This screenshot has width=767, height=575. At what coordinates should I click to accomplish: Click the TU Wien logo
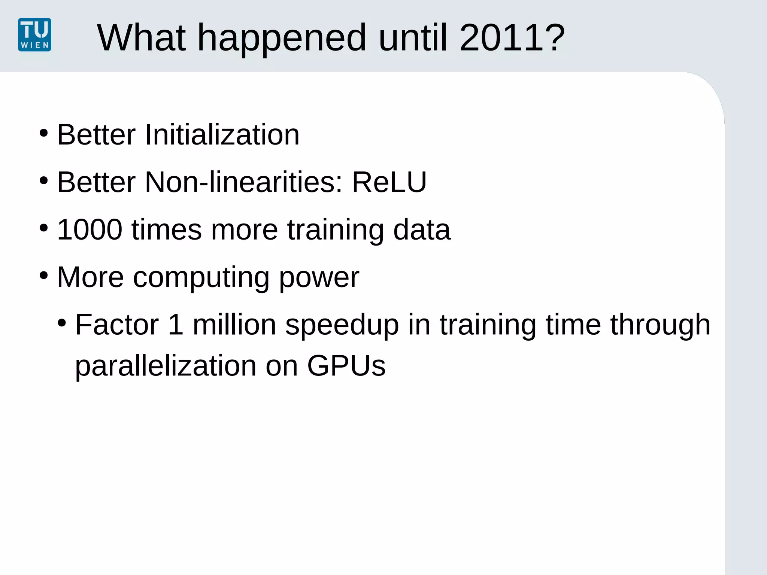(34, 35)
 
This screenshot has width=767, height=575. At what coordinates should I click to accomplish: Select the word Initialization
(222, 135)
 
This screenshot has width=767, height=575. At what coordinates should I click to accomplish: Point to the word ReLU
(389, 182)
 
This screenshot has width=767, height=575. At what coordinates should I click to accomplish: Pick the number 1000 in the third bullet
(90, 229)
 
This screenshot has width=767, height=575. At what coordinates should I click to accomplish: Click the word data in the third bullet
(422, 229)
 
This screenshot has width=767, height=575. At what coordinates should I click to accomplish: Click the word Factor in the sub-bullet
(117, 325)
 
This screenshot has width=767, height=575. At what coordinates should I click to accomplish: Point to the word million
(234, 325)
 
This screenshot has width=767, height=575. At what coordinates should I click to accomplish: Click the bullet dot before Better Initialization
(44, 133)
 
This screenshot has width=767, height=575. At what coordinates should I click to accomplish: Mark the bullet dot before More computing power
(44, 276)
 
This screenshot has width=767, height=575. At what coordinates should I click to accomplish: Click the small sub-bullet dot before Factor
(62, 323)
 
